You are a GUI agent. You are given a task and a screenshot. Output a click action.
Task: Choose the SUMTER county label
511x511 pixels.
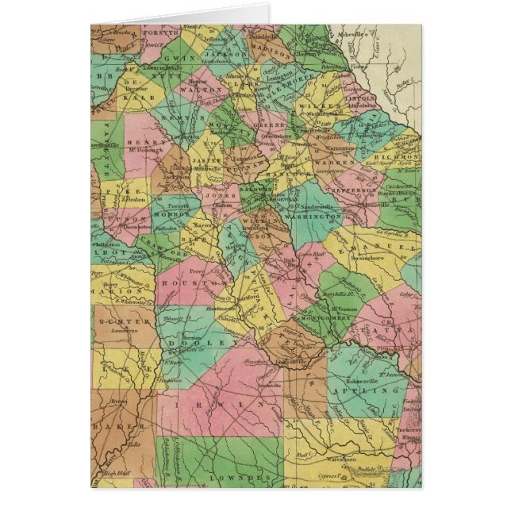(116, 318)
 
